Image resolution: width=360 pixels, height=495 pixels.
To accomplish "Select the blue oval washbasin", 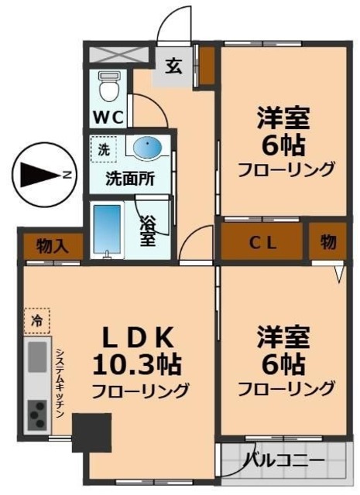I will pyautogui.click(x=147, y=146).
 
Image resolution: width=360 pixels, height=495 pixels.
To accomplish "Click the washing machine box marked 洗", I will pyautogui.click(x=103, y=148).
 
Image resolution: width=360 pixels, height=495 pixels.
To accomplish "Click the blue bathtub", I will pyautogui.click(x=108, y=230).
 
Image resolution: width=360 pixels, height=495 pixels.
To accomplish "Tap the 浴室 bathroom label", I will pyautogui.click(x=147, y=230).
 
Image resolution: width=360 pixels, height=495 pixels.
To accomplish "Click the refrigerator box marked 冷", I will pyautogui.click(x=36, y=318).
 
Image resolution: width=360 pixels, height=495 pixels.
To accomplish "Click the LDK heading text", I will pyautogui.click(x=140, y=337).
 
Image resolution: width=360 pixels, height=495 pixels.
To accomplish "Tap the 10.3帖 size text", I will pyautogui.click(x=139, y=363).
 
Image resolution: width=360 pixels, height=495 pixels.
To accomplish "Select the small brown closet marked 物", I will pyautogui.click(x=328, y=243).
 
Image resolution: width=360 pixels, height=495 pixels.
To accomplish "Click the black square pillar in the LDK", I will pyautogui.click(x=92, y=432).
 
